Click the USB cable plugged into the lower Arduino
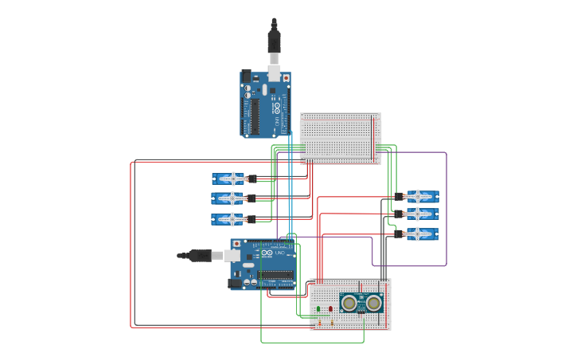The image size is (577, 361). [199, 256]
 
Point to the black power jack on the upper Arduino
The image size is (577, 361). [246, 77]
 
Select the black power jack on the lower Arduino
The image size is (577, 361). [235, 283]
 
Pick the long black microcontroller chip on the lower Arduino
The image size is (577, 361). [275, 275]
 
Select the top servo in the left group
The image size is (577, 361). [230, 179]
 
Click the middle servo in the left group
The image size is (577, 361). [230, 198]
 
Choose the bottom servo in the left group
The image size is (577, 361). [230, 219]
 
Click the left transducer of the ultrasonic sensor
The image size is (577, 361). [350, 302]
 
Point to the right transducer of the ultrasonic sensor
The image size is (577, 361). [373, 302]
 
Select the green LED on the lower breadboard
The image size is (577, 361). [318, 309]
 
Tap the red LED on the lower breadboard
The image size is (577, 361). [331, 309]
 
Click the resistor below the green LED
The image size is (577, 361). [319, 323]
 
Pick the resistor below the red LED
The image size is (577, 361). [332, 323]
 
